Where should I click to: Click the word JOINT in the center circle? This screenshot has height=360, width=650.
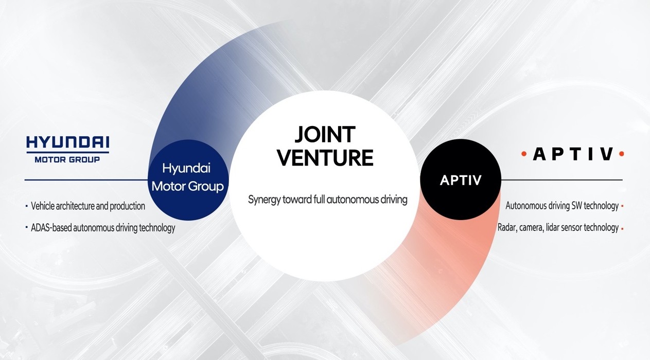tap(325, 135)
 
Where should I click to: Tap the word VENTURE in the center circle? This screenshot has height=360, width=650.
tap(325, 157)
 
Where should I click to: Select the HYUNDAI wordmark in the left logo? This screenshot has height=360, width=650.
tap(67, 142)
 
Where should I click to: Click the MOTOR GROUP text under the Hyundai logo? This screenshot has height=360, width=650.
tap(67, 159)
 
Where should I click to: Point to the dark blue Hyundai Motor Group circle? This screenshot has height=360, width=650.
tap(188, 180)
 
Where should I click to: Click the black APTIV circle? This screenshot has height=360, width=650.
tap(461, 179)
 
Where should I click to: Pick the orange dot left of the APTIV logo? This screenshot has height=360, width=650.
tap(524, 154)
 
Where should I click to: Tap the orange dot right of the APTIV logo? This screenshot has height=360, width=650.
tap(621, 154)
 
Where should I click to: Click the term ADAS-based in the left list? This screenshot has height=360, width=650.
tap(51, 228)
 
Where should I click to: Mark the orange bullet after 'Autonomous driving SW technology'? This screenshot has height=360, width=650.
tap(622, 206)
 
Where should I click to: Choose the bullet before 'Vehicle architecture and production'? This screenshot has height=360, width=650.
tap(26, 206)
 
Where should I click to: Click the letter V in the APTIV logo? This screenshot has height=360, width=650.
tap(607, 154)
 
